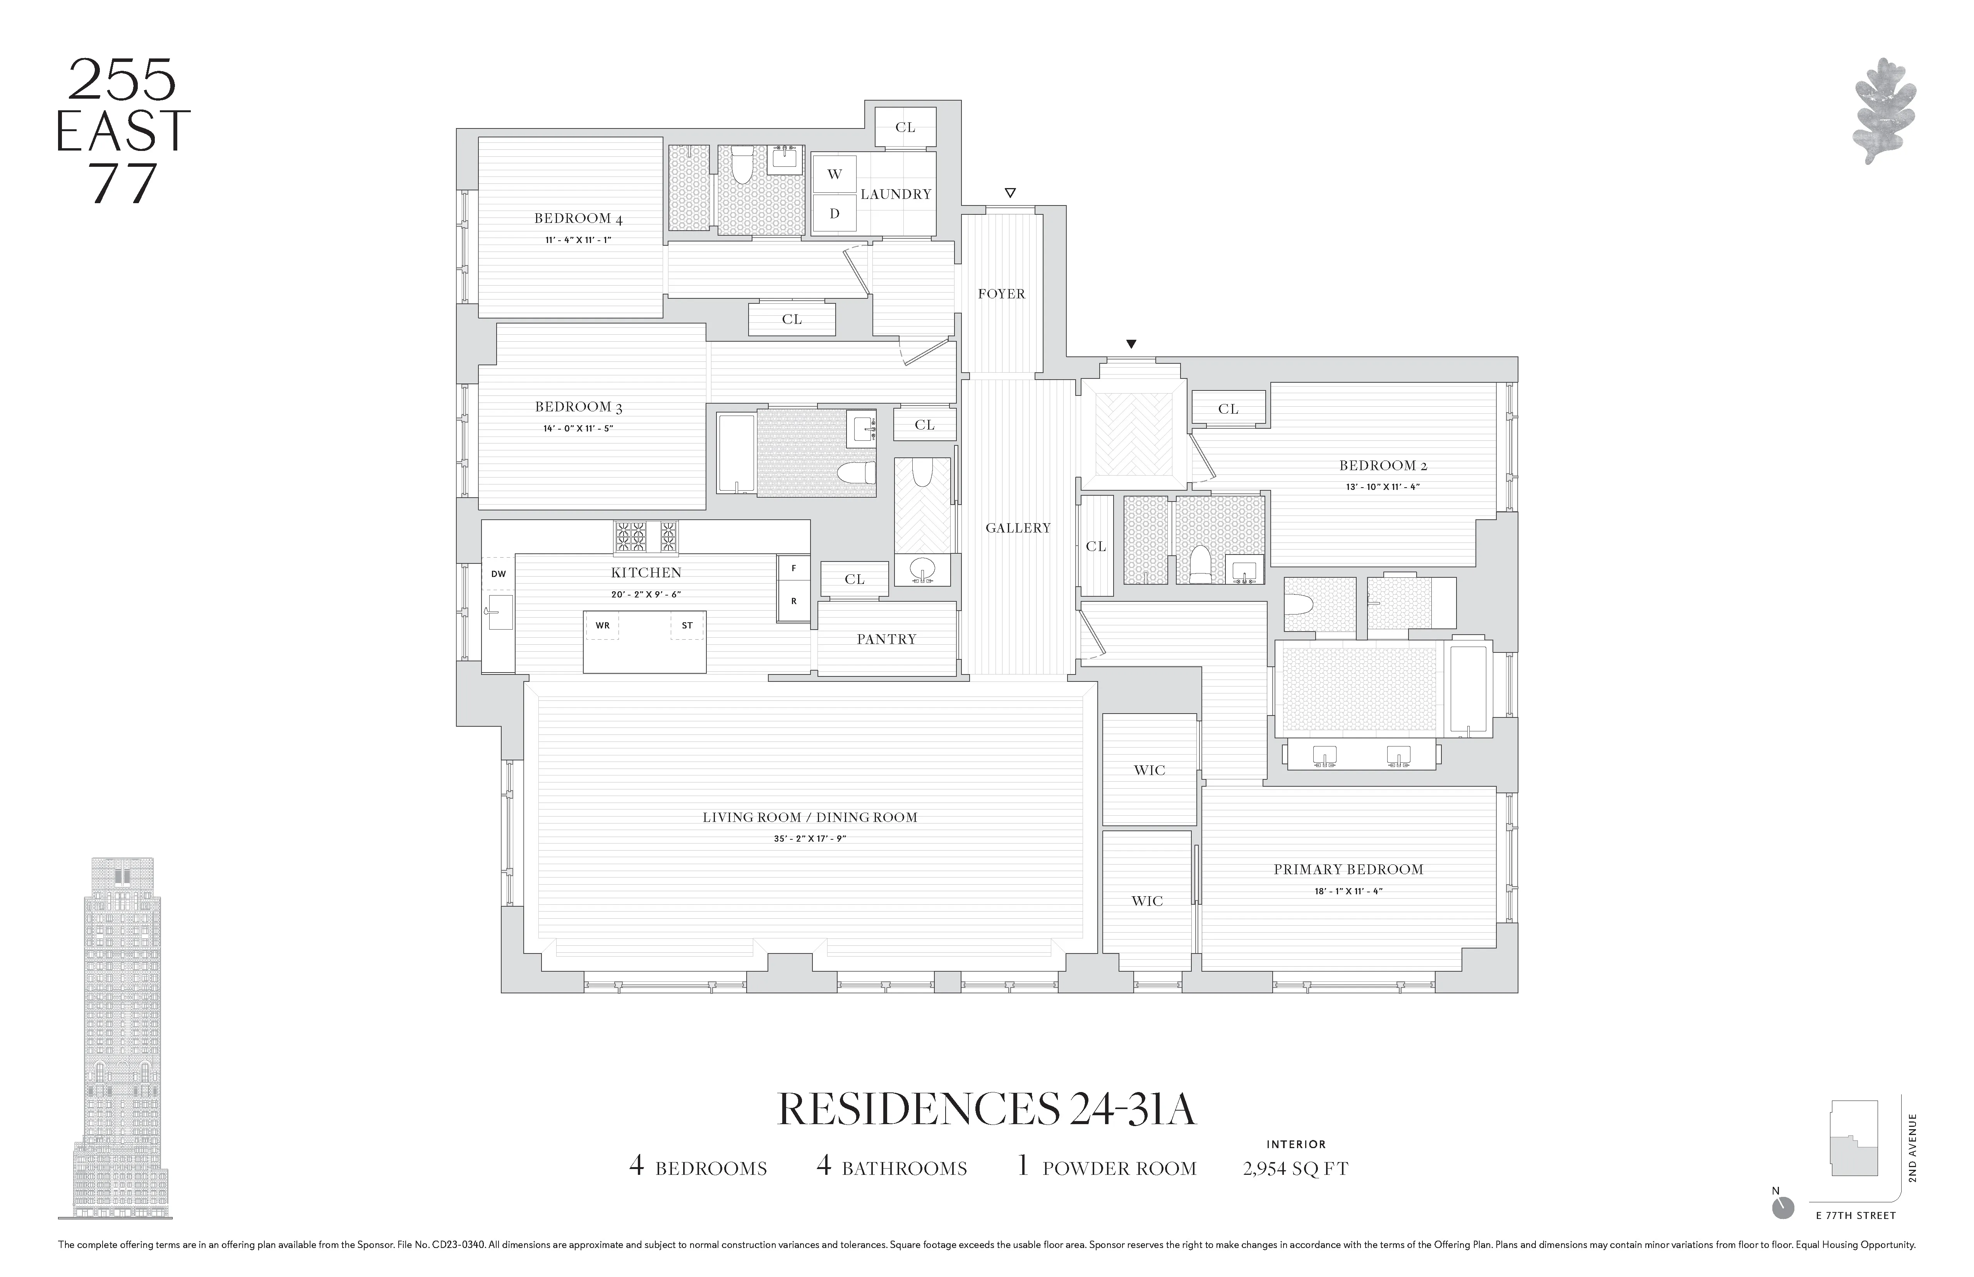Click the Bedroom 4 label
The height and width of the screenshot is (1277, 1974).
pos(578,219)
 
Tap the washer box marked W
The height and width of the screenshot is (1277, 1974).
pos(834,174)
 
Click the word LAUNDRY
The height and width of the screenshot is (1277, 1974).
pos(896,194)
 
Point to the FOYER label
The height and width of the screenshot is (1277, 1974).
pos(1001,294)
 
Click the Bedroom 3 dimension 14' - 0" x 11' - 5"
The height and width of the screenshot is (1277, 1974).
pos(578,429)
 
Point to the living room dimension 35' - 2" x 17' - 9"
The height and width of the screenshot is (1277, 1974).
pos(809,838)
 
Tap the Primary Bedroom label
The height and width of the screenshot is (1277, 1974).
pos(1348,869)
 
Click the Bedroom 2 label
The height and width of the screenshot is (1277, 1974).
pos(1383,465)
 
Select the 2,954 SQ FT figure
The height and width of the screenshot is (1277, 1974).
pos(1295,1168)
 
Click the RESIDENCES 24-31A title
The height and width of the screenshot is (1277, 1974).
pos(986,1109)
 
